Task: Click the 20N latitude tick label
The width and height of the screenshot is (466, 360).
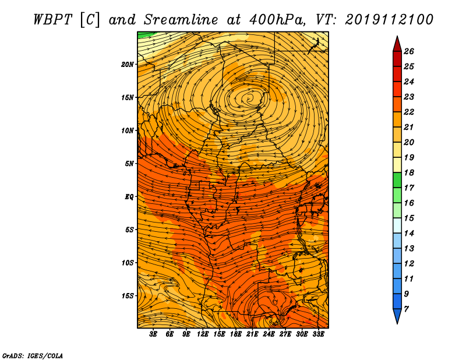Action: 128,65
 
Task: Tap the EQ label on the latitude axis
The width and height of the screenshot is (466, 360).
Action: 129,197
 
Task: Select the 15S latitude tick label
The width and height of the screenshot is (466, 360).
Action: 128,296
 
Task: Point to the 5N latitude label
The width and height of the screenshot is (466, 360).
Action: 129,164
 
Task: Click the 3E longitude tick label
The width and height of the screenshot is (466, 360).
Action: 153,334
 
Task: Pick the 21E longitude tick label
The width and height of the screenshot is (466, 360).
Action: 252,334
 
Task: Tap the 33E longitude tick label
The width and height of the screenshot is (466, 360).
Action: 318,334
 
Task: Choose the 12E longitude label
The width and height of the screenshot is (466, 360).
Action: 202,334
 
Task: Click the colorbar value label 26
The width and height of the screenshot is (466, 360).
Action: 409,51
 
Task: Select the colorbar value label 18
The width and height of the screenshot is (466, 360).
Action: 409,172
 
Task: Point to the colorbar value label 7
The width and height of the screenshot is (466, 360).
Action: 406,309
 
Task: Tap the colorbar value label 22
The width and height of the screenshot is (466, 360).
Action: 409,112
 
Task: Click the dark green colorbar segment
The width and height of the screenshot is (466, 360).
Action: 397,180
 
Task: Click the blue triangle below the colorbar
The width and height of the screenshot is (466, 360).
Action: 397,315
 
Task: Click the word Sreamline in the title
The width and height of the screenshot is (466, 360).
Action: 181,20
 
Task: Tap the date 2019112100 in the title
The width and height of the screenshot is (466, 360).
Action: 389,20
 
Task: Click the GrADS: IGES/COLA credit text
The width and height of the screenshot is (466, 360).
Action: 33,356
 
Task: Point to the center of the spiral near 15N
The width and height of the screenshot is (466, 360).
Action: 249,97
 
